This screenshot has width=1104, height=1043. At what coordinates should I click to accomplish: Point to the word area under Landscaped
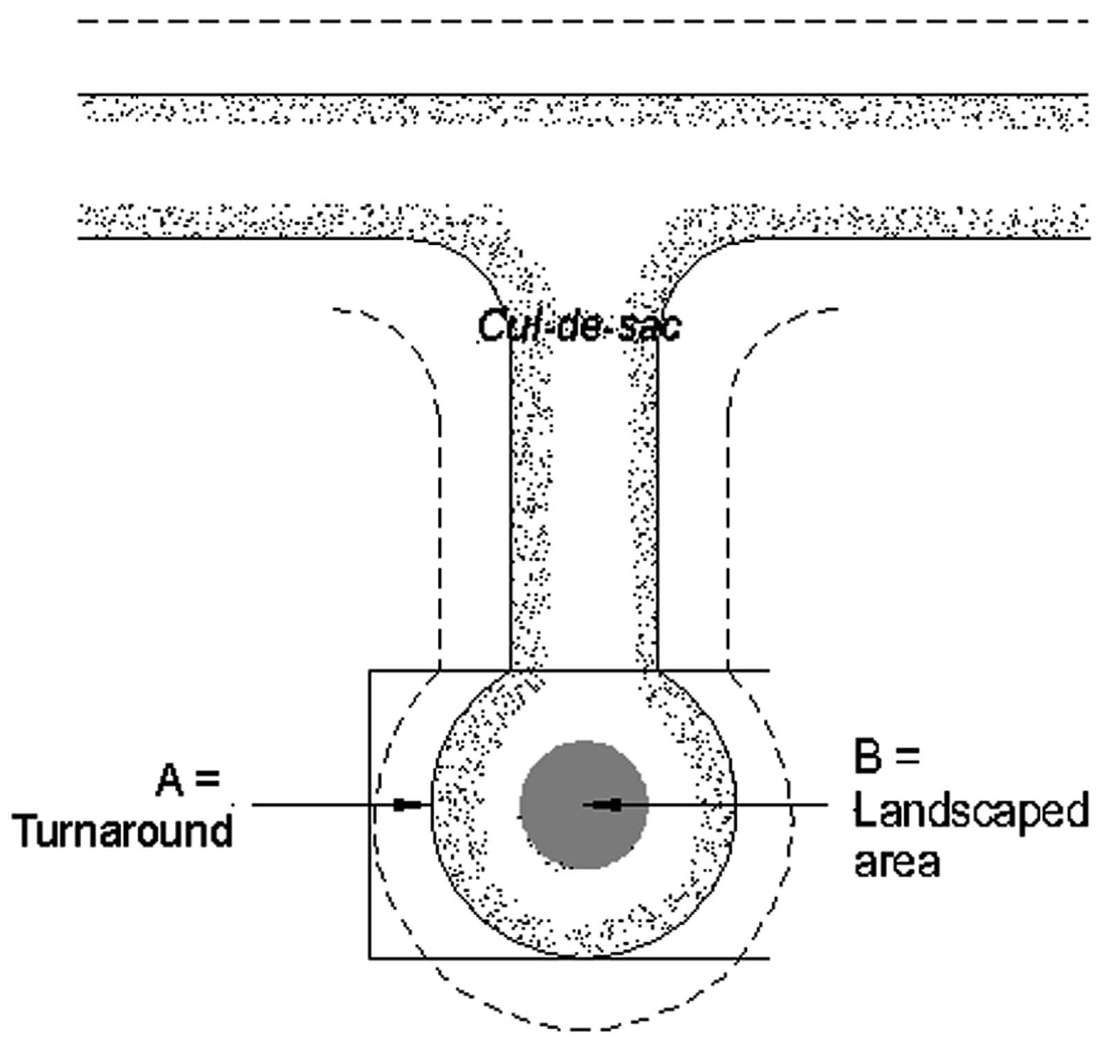(897, 862)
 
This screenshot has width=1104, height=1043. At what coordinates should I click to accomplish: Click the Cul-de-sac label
(579, 326)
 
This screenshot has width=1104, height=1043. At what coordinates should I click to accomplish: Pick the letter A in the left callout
(169, 782)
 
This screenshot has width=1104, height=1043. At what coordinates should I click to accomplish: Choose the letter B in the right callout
(868, 757)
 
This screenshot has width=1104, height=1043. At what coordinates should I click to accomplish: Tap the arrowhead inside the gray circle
(608, 804)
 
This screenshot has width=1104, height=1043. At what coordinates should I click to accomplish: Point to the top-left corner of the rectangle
(369, 670)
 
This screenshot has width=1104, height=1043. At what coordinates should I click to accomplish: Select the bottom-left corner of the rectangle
(369, 958)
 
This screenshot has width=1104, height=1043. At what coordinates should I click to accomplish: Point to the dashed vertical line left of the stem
(441, 539)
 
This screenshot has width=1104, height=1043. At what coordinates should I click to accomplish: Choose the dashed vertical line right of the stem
(728, 539)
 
